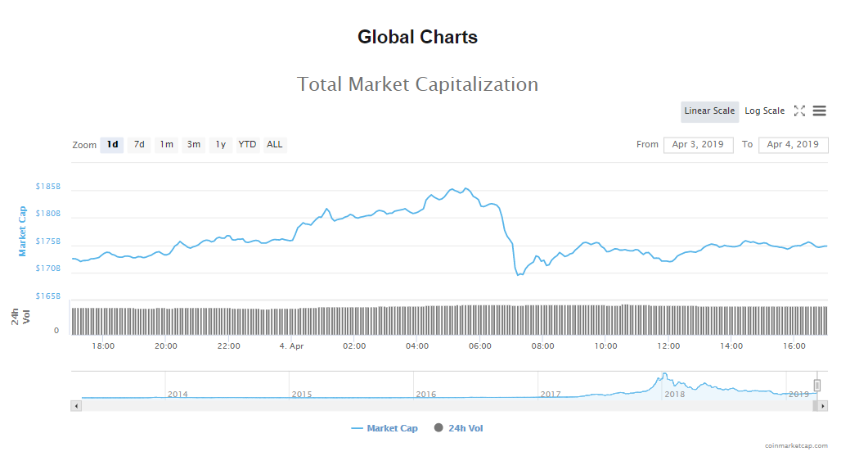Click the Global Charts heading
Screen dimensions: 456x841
417,37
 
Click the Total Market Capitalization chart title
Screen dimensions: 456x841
417,84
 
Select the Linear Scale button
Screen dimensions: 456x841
709,111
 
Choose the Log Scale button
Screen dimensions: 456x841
764,111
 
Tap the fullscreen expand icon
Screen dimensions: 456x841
799,111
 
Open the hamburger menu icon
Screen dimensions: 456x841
819,111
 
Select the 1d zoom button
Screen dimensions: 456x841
112,145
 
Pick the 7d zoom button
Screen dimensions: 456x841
139,145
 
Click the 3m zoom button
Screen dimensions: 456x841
193,145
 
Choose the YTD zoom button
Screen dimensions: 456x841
247,145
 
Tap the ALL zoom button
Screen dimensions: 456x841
275,145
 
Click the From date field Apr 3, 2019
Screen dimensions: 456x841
698,145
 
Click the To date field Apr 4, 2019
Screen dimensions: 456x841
793,145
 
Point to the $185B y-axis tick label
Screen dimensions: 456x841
48,187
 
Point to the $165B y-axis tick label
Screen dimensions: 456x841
48,296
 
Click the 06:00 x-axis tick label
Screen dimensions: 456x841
480,346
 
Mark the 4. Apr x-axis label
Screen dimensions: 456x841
292,346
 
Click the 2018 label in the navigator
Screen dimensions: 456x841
675,395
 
